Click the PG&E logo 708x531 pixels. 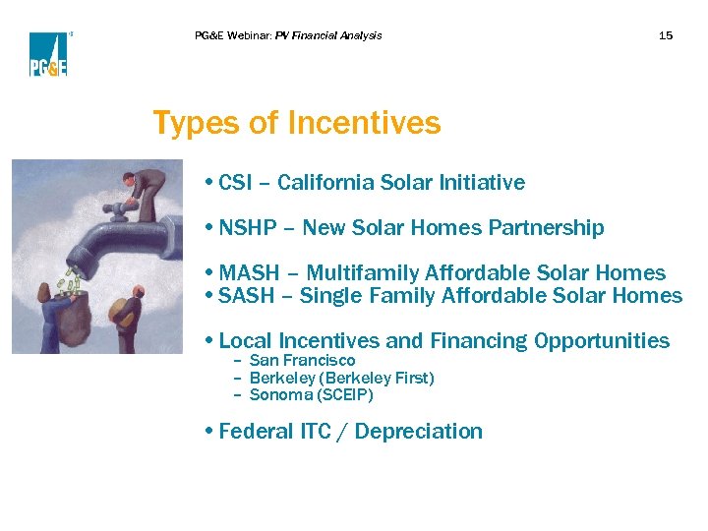click(47, 54)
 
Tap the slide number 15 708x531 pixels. click(666, 35)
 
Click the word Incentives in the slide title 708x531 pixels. click(364, 124)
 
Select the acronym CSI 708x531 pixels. click(236, 183)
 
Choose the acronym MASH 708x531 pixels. click(250, 273)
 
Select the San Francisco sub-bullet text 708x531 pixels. click(302, 361)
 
